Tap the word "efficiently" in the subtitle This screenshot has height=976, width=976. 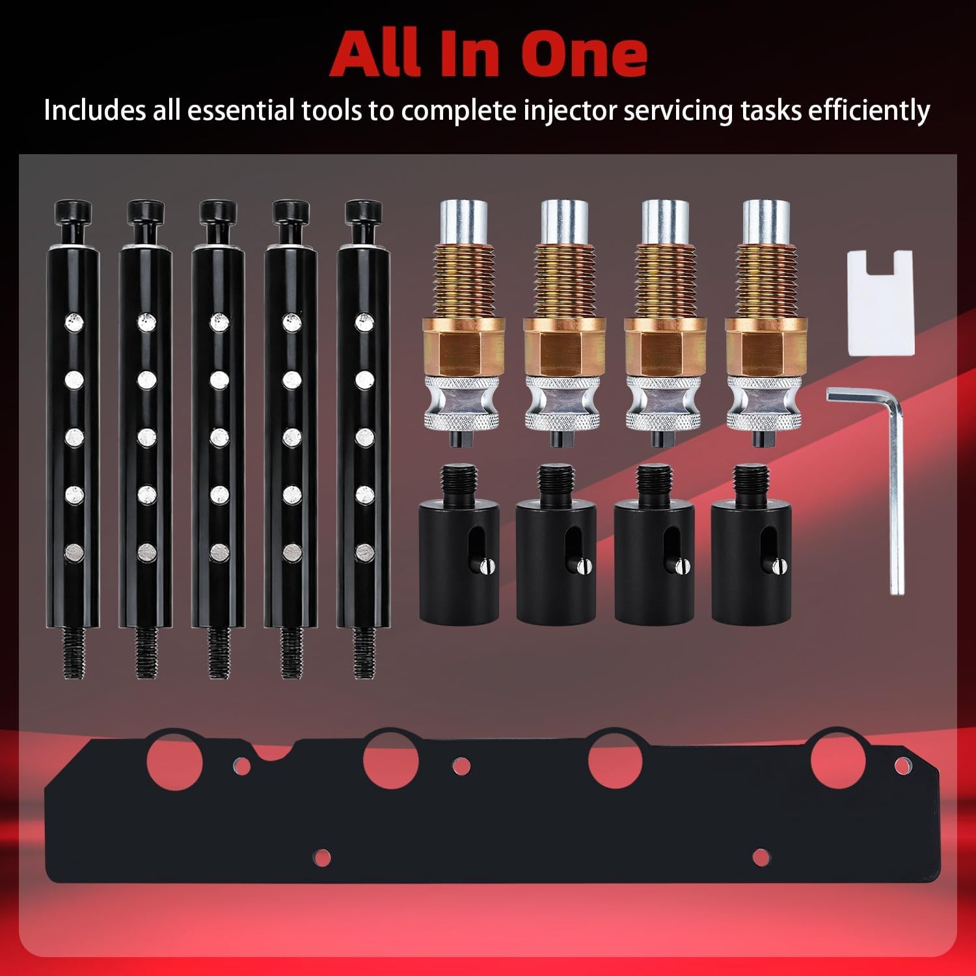pos(868,111)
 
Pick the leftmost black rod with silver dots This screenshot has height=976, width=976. pos(72,440)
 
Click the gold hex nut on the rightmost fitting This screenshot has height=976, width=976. pos(766,347)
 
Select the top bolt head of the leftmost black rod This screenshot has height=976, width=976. pos(72,211)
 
